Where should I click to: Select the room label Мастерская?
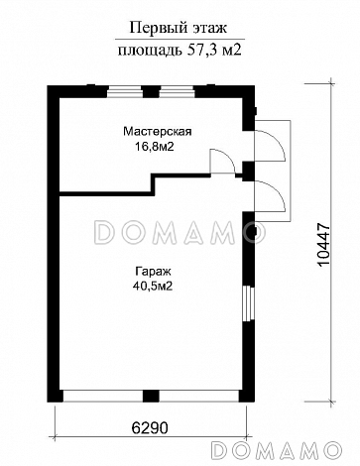[157, 130]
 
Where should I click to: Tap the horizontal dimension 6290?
[151, 431]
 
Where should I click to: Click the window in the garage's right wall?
[251, 301]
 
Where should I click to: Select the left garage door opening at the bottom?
[101, 395]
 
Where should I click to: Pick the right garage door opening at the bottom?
[198, 395]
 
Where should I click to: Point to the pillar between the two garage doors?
[150, 395]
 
